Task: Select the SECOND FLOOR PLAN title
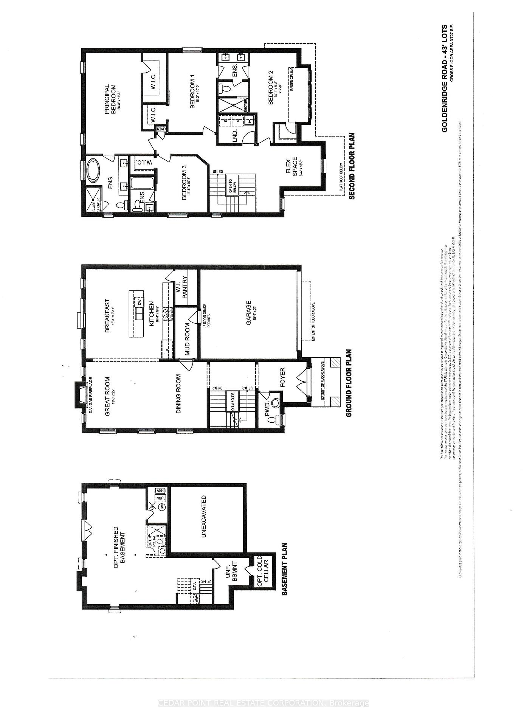(x=351, y=166)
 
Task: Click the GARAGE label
(x=248, y=313)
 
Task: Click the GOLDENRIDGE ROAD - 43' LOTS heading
(x=444, y=78)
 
